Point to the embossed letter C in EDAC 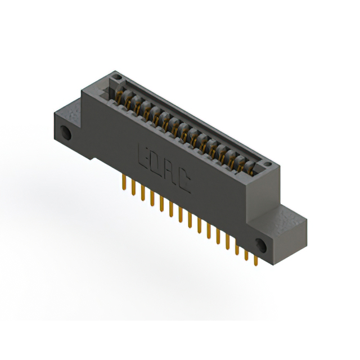[184, 184]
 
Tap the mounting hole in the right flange [260, 244]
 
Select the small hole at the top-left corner [116, 75]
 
